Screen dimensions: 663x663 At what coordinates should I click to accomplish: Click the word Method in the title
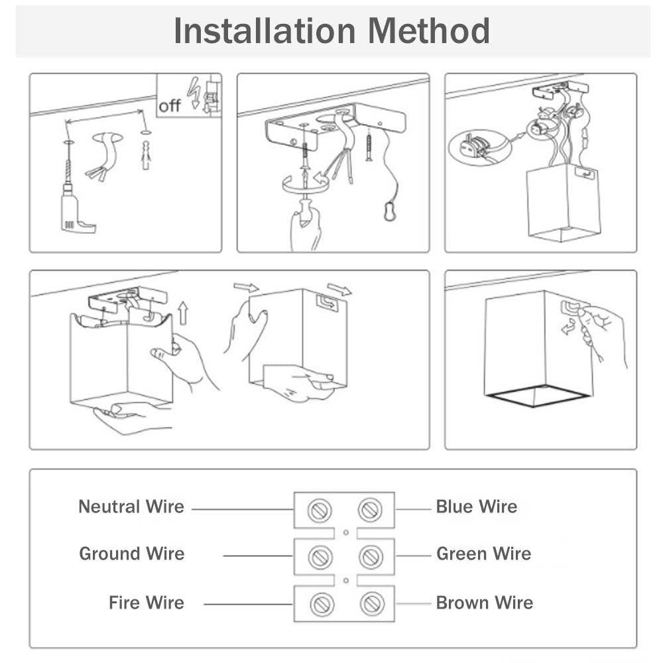coord(429,31)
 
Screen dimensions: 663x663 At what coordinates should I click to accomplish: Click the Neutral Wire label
coord(131,507)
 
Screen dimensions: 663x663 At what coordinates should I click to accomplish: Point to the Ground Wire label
coord(132,554)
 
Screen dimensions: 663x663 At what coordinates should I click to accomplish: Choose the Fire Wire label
coord(147,603)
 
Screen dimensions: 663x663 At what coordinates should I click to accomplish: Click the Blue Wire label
coord(476,507)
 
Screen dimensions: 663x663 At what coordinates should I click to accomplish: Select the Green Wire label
coord(483,554)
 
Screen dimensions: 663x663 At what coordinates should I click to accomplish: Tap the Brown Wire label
coord(484,603)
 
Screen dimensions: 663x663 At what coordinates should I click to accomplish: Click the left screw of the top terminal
coord(320,510)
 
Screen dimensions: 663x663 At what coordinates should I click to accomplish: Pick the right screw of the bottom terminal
coord(371,604)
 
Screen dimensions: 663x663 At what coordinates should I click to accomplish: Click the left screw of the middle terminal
coord(320,556)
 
